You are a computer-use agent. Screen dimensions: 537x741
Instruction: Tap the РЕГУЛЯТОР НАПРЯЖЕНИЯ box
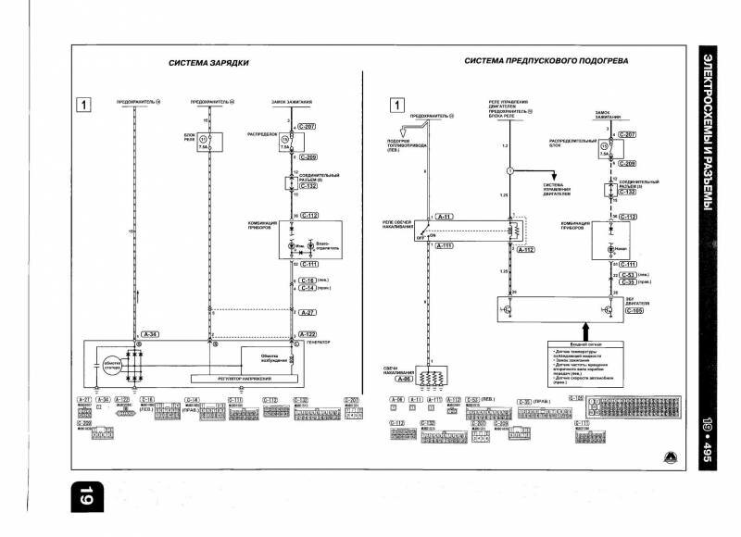(235, 379)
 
